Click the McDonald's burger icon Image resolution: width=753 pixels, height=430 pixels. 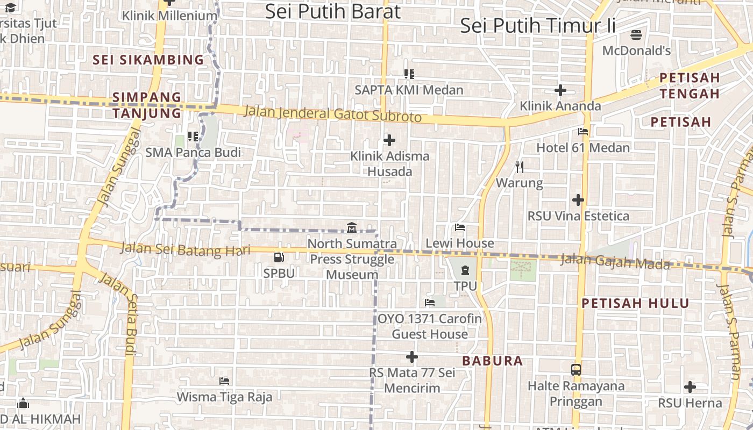[636, 35]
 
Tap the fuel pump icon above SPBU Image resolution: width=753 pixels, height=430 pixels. [279, 258]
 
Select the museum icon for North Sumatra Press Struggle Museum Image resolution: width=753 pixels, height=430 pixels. [352, 228]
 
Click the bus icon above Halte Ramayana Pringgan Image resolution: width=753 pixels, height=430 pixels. [576, 370]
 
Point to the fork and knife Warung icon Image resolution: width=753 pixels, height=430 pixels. [519, 167]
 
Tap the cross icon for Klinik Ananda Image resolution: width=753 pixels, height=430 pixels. [560, 90]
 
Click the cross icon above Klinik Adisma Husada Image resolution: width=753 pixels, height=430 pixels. [389, 141]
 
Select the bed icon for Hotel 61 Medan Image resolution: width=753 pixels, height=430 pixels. [583, 132]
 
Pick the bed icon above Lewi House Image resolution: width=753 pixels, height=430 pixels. [460, 227]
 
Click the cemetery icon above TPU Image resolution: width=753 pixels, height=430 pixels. [465, 270]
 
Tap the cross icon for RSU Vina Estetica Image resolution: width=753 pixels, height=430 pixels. [578, 200]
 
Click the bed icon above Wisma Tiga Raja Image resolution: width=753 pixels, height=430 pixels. [225, 381]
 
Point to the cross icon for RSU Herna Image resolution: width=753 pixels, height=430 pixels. [690, 387]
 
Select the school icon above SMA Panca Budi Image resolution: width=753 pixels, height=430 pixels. [193, 137]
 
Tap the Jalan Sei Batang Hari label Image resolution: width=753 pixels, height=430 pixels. [186, 250]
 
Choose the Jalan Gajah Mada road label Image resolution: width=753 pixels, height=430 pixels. [615, 262]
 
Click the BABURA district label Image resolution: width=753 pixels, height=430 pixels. [493, 361]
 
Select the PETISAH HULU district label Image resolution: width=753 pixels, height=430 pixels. [635, 303]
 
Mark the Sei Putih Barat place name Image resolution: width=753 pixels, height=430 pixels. [333, 11]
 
